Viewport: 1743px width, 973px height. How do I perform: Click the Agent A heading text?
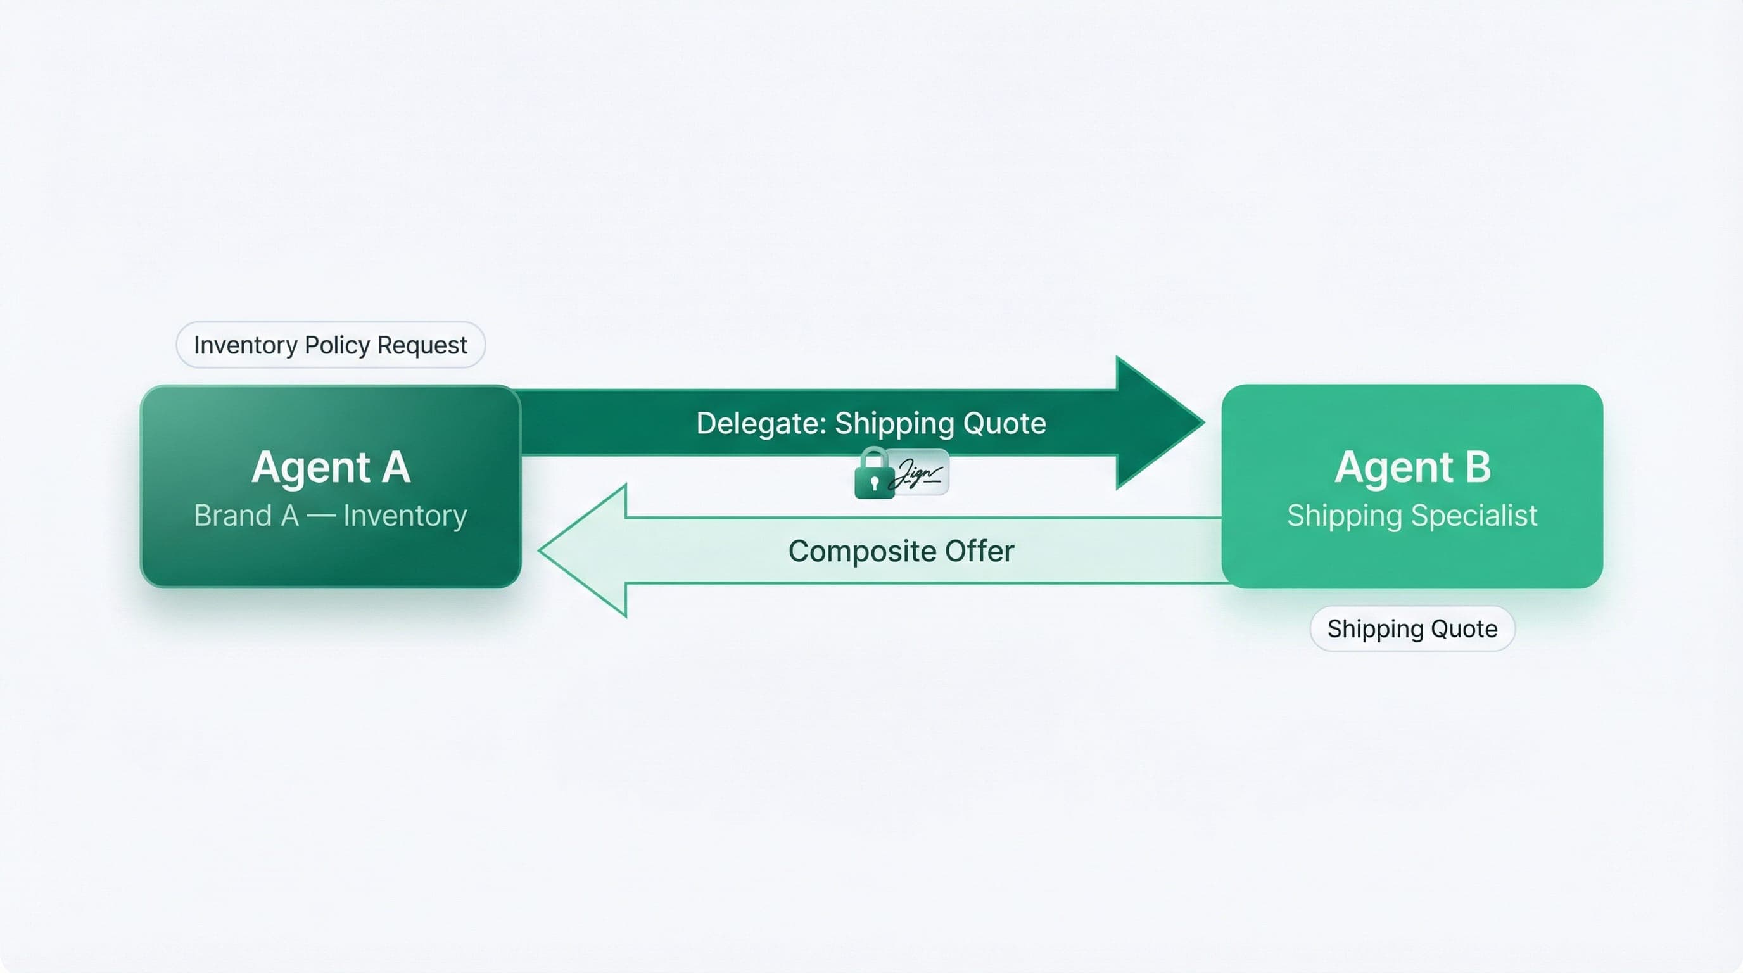[x=330, y=466]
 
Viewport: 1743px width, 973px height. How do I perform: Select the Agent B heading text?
[x=1412, y=466]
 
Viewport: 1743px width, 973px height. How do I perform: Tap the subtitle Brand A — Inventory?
[x=330, y=516]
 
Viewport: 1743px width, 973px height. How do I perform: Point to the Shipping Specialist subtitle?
[x=1412, y=516]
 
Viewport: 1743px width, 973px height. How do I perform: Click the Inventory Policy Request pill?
[x=330, y=345]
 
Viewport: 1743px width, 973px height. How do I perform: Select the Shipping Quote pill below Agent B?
[x=1412, y=628]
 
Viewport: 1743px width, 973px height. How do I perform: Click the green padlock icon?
[x=873, y=475]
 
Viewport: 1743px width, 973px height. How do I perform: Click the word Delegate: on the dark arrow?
[x=761, y=424]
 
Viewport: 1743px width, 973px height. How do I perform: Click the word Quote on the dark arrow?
[x=1004, y=424]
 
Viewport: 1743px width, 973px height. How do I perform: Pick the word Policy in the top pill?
[x=337, y=345]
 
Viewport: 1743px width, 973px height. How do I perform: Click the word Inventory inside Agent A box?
[x=405, y=516]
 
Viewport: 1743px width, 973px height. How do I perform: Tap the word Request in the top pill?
[x=422, y=345]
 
